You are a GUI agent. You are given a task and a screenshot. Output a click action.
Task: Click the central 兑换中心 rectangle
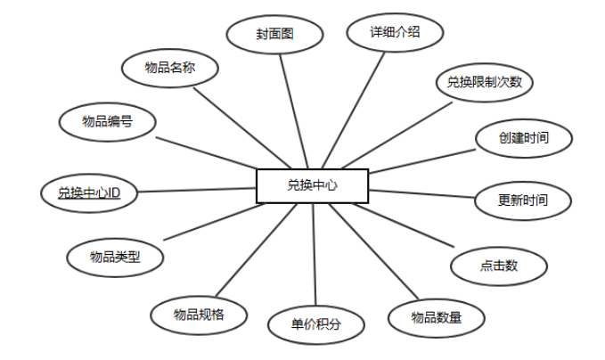coord(312,185)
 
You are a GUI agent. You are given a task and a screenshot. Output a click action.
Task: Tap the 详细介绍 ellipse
coord(394,32)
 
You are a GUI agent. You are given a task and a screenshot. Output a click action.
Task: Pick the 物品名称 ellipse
coord(169,67)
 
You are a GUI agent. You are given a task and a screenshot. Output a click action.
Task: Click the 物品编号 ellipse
coord(107,121)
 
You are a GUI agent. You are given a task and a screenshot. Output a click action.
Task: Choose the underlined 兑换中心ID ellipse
coord(89,192)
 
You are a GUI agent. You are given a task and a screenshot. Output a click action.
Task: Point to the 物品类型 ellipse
coord(115,257)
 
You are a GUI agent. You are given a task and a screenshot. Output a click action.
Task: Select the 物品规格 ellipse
coord(199,313)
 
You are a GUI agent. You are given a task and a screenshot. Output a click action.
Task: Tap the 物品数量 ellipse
coord(436,317)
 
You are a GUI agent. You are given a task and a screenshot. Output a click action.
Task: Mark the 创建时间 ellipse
coord(523,138)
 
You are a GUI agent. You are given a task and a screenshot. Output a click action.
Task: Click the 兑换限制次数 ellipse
coord(484,83)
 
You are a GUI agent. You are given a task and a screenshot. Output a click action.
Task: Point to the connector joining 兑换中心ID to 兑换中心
coord(196,189)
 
